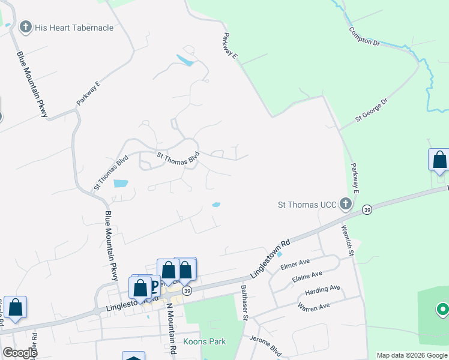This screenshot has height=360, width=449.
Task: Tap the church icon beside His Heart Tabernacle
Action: point(25,27)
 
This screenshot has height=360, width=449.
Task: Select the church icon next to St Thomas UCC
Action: point(345,205)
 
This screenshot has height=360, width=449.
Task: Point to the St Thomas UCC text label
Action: point(306,205)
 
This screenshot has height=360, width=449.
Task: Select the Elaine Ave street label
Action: point(307,277)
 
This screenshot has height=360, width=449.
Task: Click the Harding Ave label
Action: point(322,290)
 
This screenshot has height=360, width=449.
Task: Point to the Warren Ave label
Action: point(314,307)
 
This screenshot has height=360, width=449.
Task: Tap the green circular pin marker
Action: point(442,310)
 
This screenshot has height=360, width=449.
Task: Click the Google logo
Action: point(19,353)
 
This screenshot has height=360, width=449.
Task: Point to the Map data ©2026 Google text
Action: point(412,355)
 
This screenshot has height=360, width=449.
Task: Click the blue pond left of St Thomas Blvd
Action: point(120,183)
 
